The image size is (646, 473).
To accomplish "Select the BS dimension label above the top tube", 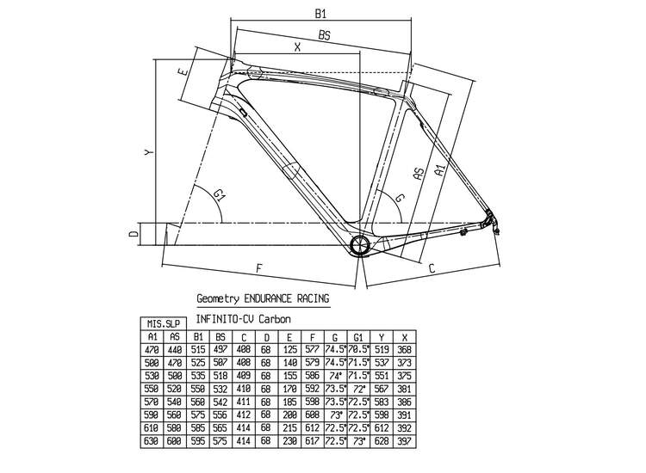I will click(x=324, y=36).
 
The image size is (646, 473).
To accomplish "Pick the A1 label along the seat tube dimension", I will click(x=439, y=169).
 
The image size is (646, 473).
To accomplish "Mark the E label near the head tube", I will click(x=182, y=73).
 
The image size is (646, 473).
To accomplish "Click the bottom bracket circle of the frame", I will click(x=360, y=245).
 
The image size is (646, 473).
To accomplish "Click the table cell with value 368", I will click(x=406, y=349).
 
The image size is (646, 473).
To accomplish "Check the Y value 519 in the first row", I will click(x=382, y=349).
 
